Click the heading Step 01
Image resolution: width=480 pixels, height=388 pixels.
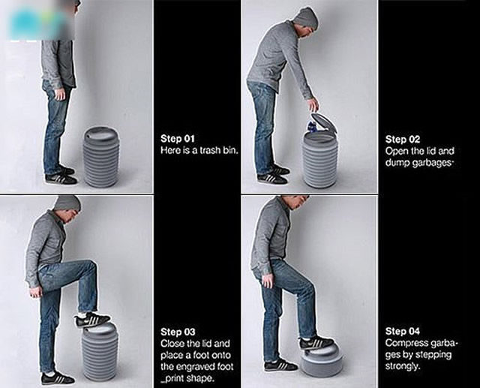pyautogui.click(x=178, y=139)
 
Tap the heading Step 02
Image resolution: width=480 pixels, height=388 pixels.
pyautogui.click(x=403, y=140)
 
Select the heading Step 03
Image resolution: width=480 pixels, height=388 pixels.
pyautogui.click(x=178, y=332)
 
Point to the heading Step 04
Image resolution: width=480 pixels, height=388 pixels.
pyautogui.click(x=403, y=331)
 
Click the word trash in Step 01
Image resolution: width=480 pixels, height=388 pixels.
pyautogui.click(x=210, y=150)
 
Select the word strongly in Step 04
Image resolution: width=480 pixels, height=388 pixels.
pyautogui.click(x=402, y=366)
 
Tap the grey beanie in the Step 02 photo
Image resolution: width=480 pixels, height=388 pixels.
pyautogui.click(x=304, y=18)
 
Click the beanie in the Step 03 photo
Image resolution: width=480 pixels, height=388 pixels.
pyautogui.click(x=67, y=203)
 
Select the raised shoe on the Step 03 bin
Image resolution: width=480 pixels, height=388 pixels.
pyautogui.click(x=91, y=320)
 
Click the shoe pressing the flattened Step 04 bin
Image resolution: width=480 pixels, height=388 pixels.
pyautogui.click(x=316, y=342)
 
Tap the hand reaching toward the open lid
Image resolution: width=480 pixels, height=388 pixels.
pyautogui.click(x=313, y=106)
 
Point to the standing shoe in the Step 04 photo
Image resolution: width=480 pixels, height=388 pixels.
pyautogui.click(x=280, y=366)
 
